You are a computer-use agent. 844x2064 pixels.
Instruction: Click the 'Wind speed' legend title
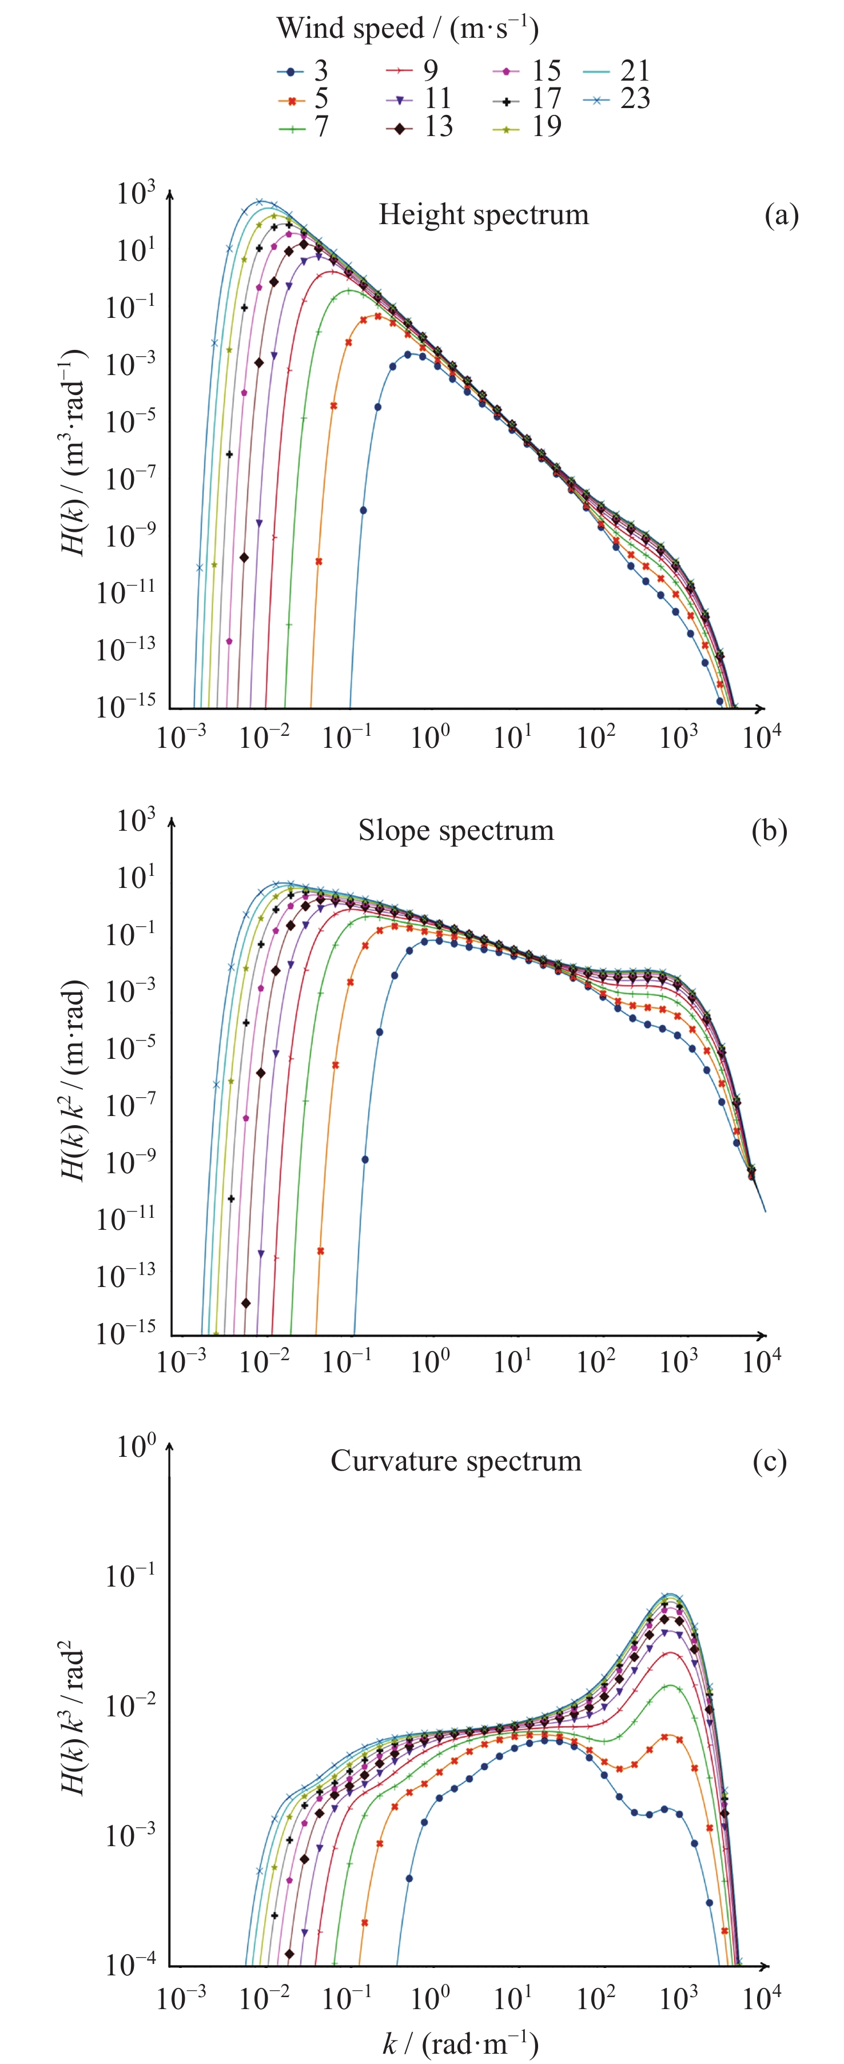point(407,29)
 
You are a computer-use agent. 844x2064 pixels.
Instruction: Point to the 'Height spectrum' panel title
point(483,215)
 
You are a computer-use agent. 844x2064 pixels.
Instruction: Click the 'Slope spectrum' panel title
point(455,830)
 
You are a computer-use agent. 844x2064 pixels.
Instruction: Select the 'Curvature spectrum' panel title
point(455,1461)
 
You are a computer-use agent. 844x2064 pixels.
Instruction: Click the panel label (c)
point(770,1461)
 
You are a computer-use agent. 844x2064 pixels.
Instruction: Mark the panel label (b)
point(770,831)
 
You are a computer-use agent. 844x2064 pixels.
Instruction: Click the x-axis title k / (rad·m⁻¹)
point(459,2042)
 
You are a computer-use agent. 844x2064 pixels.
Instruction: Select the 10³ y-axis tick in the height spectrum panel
point(136,193)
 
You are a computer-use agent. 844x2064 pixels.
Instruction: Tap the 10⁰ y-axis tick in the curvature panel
point(136,1447)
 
